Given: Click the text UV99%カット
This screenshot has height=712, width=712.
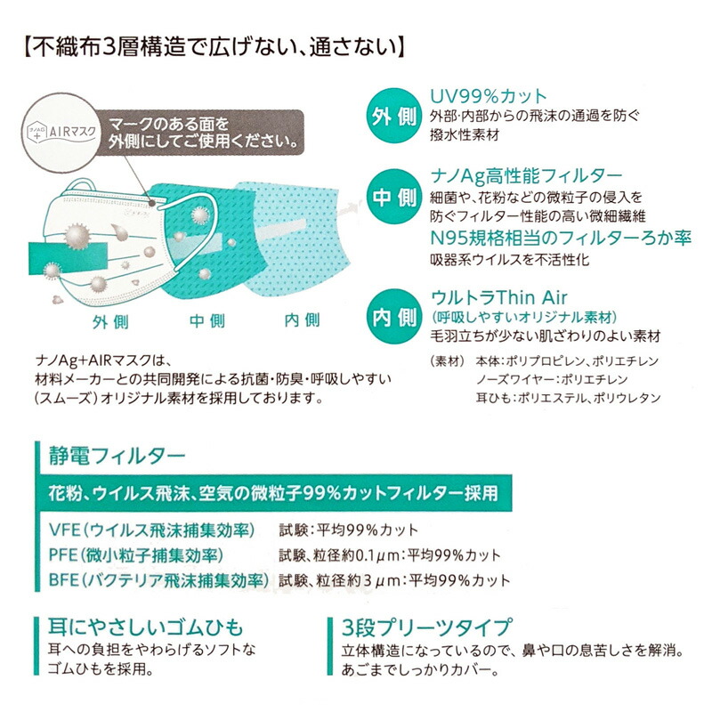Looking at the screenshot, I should click(489, 95).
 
